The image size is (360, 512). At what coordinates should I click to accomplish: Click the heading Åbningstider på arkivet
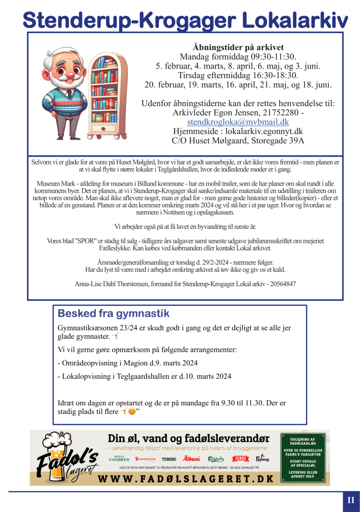(238, 47)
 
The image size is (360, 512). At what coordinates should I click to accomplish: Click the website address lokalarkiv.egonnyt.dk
(261, 131)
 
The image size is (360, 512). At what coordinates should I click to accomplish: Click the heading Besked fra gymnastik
(113, 314)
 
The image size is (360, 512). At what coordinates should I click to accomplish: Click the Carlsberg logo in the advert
(216, 458)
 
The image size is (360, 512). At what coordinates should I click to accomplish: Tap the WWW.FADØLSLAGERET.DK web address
(186, 479)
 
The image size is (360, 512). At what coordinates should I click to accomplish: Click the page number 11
(350, 499)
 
